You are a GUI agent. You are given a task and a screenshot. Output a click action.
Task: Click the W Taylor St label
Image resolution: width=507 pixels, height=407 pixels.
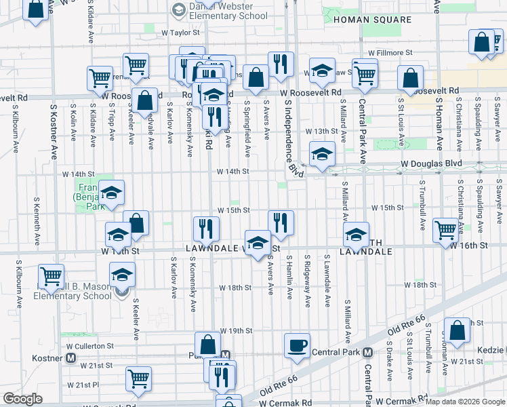pyautogui.click(x=180, y=32)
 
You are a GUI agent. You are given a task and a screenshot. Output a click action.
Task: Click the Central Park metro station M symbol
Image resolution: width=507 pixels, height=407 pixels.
pyautogui.click(x=367, y=352)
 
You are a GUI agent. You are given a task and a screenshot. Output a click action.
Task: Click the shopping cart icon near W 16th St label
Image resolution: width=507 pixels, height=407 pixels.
pyautogui.click(x=445, y=230)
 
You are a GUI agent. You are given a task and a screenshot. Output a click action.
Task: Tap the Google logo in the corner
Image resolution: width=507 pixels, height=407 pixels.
pyautogui.click(x=22, y=399)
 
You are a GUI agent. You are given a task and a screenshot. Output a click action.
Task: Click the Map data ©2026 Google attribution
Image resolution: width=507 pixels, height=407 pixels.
pyautogui.click(x=466, y=402)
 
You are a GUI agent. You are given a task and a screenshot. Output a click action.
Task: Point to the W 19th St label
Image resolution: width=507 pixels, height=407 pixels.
pyautogui.click(x=235, y=331)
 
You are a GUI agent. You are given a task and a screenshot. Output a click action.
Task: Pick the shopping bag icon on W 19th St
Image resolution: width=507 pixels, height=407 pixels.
pyautogui.click(x=207, y=344)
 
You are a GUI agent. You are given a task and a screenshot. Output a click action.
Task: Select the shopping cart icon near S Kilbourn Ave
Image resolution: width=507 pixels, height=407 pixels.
pyautogui.click(x=52, y=276)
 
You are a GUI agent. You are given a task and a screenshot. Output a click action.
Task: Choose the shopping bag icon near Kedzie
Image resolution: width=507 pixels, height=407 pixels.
pyautogui.click(x=458, y=330)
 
